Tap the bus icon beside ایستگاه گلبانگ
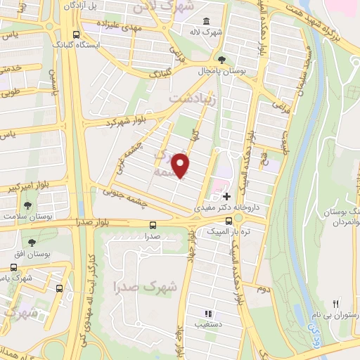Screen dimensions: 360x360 (x=76, y=35)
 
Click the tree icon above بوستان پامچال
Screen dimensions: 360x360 (x=223, y=59)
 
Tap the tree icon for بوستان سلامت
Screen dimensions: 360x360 (x=27, y=206)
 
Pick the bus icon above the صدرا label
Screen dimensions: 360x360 (x=153, y=225)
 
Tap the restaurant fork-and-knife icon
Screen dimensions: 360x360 (x=336, y=303)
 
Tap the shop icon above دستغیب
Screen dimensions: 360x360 (x=208, y=314)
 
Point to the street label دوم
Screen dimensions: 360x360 (x=262, y=290)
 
